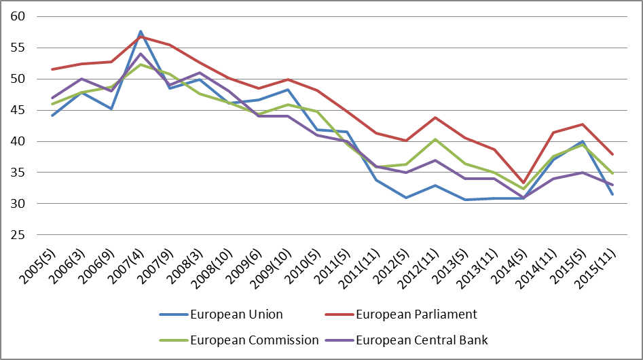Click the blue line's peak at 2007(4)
[141, 31]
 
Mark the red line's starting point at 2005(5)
[52, 69]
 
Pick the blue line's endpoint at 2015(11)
[613, 194]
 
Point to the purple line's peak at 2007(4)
[141, 54]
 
